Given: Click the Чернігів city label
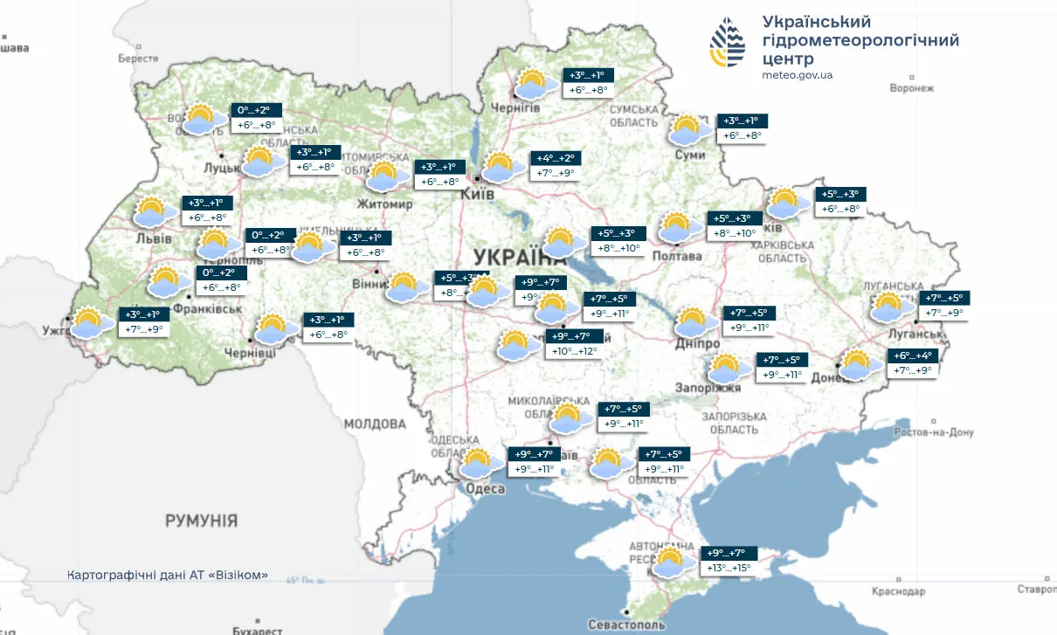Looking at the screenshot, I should [x=515, y=108].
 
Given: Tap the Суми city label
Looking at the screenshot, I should [x=690, y=155].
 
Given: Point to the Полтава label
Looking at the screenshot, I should [x=676, y=256].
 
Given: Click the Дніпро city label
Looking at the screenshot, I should [x=696, y=344].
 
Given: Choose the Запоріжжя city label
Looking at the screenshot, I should [x=708, y=388].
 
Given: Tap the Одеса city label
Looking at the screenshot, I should [x=485, y=489].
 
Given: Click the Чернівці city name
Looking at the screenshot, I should [x=250, y=351].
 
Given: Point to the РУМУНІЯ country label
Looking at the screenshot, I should [x=201, y=521].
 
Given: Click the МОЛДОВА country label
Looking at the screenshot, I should [x=375, y=424].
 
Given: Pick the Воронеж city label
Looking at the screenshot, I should [x=911, y=88].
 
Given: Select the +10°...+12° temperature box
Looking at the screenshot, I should [x=574, y=351].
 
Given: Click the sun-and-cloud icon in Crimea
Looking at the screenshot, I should [x=670, y=562].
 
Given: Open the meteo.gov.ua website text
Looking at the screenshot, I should [x=797, y=75].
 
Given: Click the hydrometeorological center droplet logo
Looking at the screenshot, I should [x=728, y=42].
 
